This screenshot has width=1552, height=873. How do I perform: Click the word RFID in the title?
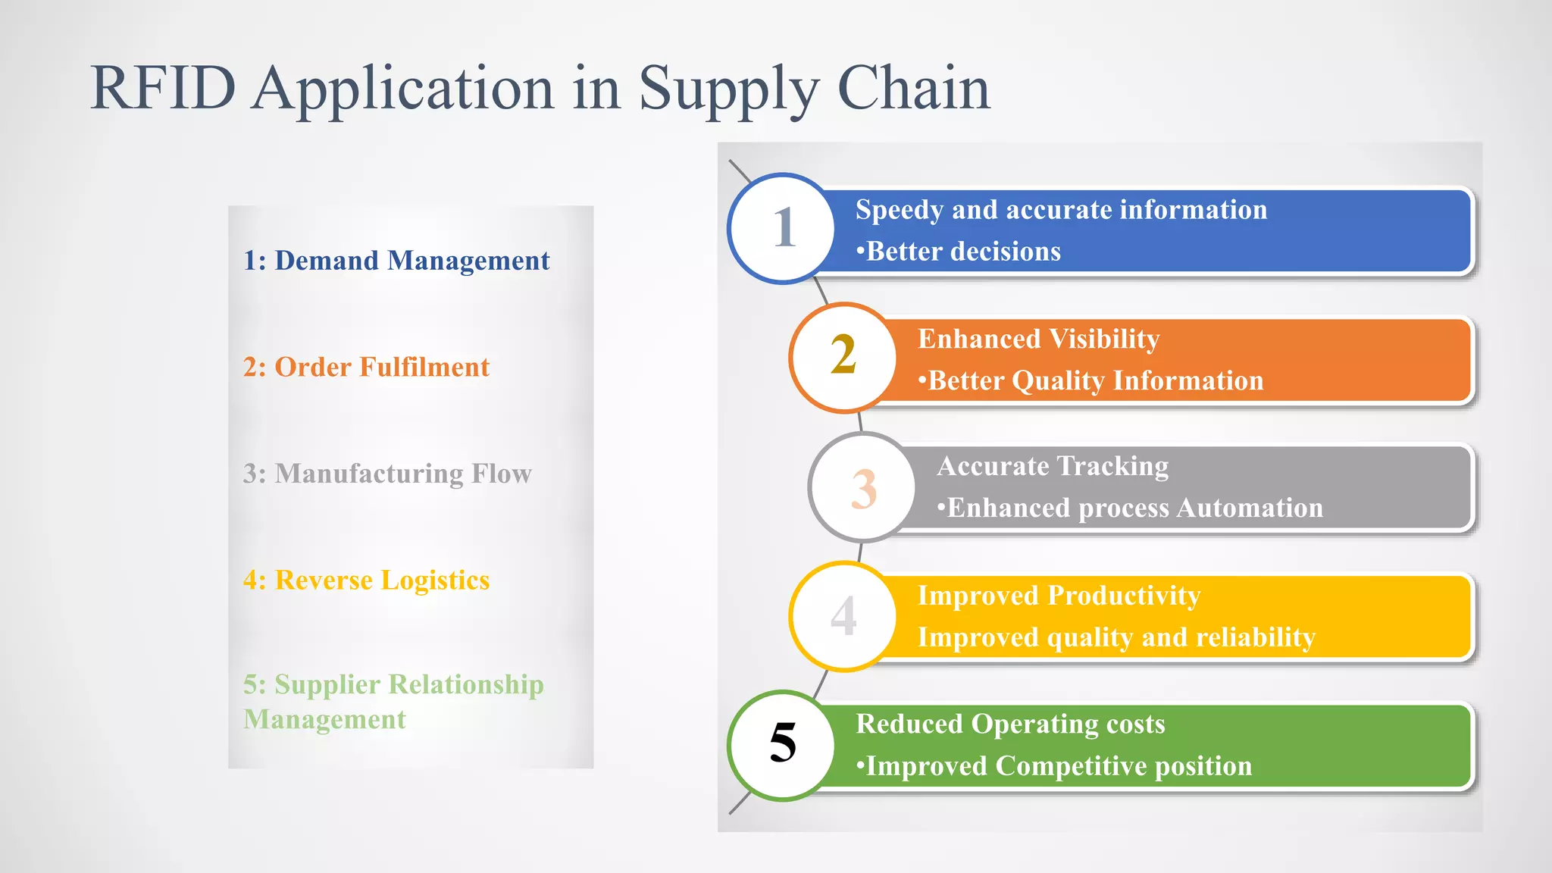pyautogui.click(x=163, y=89)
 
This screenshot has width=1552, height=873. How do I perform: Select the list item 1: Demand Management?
pyautogui.click(x=396, y=261)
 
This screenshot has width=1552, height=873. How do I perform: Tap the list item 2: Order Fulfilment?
pyautogui.click(x=366, y=368)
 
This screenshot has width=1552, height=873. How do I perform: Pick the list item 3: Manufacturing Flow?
pyautogui.click(x=387, y=474)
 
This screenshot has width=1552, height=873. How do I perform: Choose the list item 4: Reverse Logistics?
pyautogui.click(x=366, y=580)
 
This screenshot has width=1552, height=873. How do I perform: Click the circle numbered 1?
pyautogui.click(x=782, y=228)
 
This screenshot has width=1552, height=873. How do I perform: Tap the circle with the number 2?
pyautogui.click(x=843, y=357)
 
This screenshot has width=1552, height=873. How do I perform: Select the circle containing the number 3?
pyautogui.click(x=862, y=487)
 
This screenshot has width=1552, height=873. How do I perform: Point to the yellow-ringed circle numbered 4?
pyautogui.click(x=843, y=615)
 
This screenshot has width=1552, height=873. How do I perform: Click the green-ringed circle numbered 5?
pyautogui.click(x=782, y=744)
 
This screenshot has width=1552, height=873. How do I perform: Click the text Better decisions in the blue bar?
pyautogui.click(x=962, y=252)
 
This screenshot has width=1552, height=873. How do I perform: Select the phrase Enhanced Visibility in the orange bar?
pyautogui.click(x=1038, y=339)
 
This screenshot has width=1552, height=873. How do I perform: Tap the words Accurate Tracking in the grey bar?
pyautogui.click(x=1053, y=466)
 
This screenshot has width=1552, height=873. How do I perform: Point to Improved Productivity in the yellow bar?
pyautogui.click(x=1059, y=596)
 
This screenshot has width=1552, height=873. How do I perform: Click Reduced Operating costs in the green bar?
pyautogui.click(x=1010, y=724)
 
